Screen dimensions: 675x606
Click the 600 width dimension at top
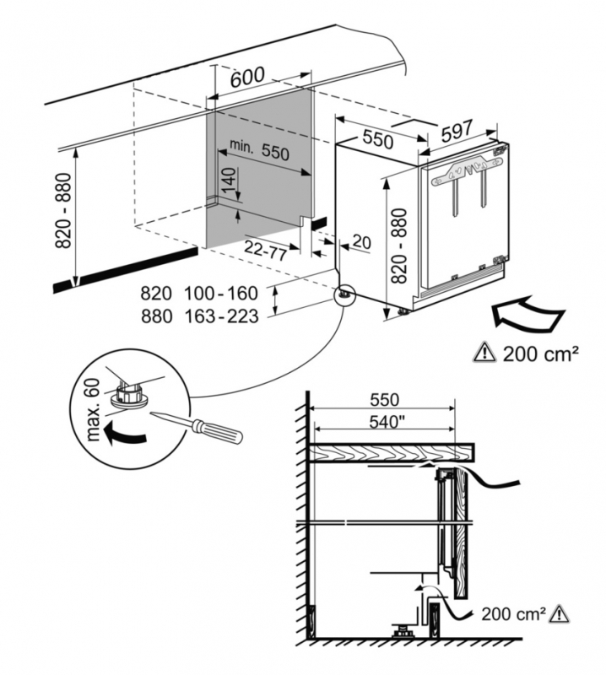tap(249, 75)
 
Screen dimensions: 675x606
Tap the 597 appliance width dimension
tap(456, 131)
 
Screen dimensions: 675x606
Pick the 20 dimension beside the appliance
tap(360, 243)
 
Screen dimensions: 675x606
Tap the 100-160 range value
tap(222, 294)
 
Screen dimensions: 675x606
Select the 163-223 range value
tap(222, 316)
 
